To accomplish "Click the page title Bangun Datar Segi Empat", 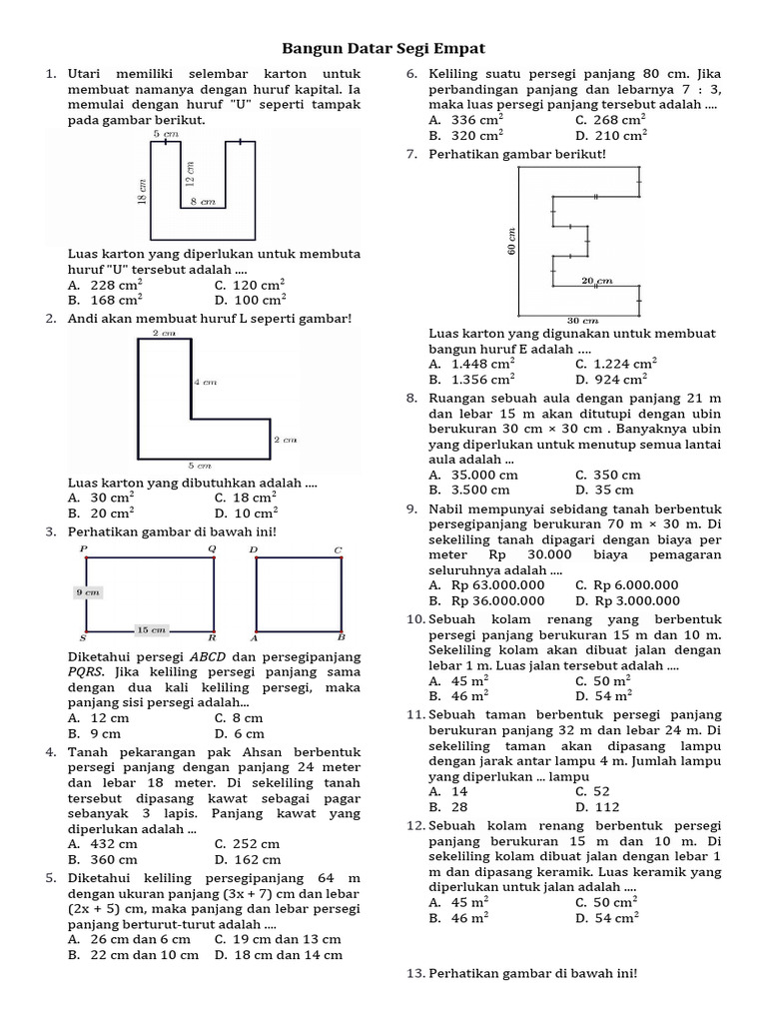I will (383, 48).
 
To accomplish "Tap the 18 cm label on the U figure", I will (143, 187).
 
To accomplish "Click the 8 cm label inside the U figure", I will (203, 202).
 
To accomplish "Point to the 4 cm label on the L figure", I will (205, 382).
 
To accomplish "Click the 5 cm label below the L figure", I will (201, 466).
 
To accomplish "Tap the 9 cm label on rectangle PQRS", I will (89, 592).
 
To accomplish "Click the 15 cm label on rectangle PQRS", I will (151, 629).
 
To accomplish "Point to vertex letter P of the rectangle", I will (84, 549).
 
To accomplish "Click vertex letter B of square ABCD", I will (341, 636).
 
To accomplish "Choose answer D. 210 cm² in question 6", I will (611, 136).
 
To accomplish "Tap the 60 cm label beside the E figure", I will (512, 240).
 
